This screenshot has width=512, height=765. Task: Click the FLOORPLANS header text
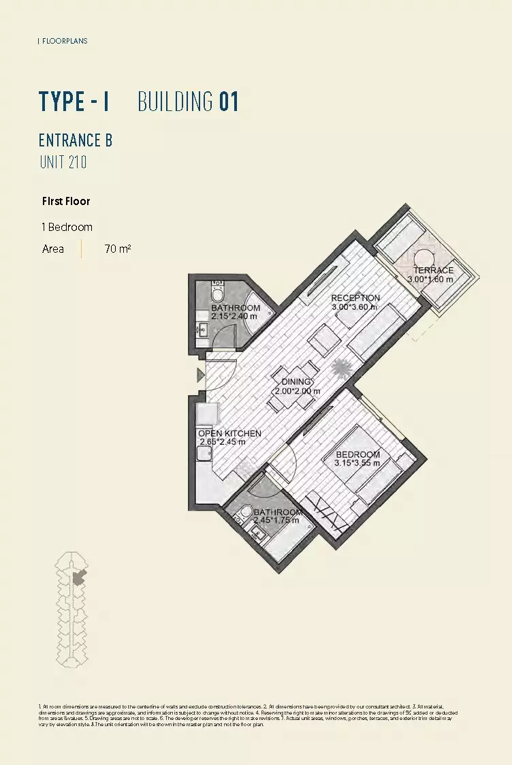65,41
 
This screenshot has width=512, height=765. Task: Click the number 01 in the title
229,102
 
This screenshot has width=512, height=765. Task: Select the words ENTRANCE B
76,140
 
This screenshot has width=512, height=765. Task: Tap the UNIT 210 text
63,162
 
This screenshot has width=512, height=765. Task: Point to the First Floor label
66,201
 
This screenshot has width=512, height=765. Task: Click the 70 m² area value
117,249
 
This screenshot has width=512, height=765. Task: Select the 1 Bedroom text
67,227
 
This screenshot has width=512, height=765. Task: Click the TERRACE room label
433,270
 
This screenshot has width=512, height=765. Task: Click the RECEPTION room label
355,298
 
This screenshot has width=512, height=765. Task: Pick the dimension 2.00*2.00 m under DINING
298,392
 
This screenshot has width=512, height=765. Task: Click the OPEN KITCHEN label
229,433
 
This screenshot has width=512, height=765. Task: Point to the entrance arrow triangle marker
200,375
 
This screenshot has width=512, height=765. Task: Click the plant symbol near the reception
340,369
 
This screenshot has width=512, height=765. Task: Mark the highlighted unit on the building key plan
80,578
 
